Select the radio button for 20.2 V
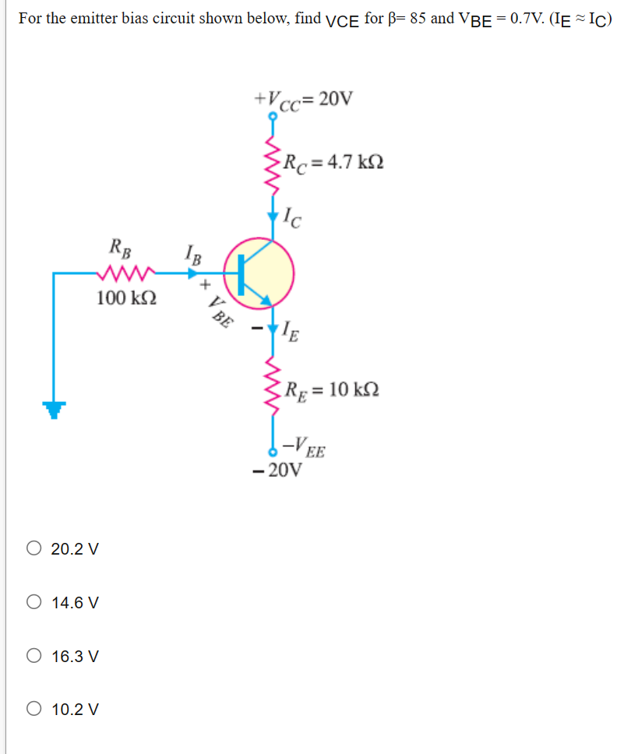click(x=34, y=549)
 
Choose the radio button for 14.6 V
click(x=34, y=603)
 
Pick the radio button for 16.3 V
click(x=34, y=657)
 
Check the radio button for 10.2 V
click(x=34, y=710)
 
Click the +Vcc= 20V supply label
click(x=303, y=100)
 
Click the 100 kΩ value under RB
click(x=126, y=298)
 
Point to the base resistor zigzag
click(x=125, y=273)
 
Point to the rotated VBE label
click(x=221, y=309)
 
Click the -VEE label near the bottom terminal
click(x=305, y=449)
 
